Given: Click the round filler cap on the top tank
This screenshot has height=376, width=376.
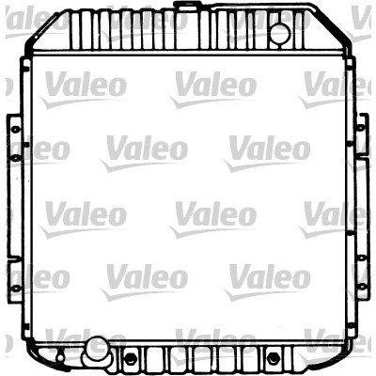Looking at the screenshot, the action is tap(280, 33).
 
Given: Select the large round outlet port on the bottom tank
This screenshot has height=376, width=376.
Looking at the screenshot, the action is tap(96, 348).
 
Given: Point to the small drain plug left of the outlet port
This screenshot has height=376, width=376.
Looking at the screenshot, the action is tap(59, 357).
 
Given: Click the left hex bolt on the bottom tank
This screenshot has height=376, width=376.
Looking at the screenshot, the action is tap(131, 358).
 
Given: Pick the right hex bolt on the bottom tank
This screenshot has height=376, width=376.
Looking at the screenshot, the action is tap(274, 358).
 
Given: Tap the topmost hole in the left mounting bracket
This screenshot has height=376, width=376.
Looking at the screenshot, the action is tap(15, 129).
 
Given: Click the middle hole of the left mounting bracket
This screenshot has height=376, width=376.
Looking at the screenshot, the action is tap(15, 158).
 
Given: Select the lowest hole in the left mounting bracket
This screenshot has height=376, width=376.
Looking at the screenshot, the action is tap(15, 288).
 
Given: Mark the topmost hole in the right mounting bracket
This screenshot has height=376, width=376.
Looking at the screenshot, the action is tap(361, 127).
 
